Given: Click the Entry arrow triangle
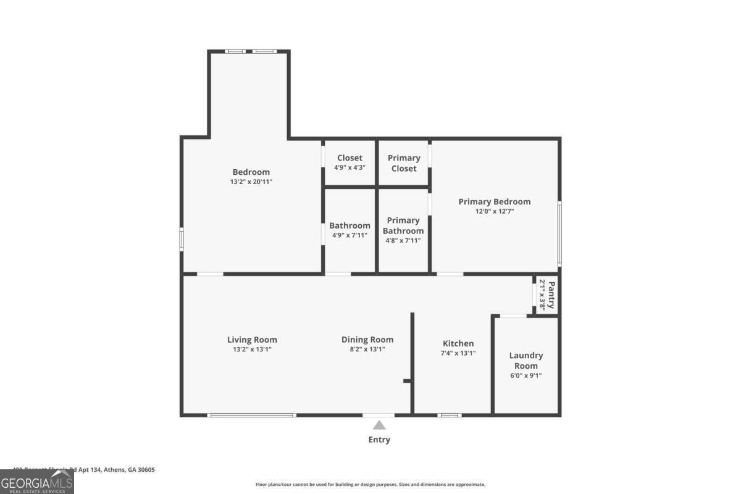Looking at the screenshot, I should point(379,425).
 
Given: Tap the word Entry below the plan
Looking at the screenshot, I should point(379,440).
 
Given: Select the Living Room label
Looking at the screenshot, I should point(252,340).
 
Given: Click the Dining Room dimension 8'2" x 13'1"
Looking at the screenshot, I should point(367,350).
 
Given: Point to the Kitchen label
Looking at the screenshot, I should point(458,343).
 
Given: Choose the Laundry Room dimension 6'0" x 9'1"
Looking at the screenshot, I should point(526,375).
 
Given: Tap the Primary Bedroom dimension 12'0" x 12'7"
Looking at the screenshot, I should point(494,211).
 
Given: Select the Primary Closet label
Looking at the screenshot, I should point(404,163).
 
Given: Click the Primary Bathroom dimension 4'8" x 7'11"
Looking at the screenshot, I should point(403,241).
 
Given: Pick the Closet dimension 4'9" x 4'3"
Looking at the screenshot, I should point(350,167).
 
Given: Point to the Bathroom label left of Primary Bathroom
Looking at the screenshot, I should point(350,225).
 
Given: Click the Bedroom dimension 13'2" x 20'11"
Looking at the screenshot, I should point(251,182).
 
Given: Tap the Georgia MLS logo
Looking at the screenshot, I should point(37,482).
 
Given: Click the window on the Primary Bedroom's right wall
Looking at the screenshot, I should point(559,233).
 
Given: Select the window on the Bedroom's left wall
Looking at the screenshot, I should point(182,238).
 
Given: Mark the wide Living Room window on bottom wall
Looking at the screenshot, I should point(252,415).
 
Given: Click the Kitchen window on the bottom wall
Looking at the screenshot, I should point(450,415).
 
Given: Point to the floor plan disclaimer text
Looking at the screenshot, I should point(371,485).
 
